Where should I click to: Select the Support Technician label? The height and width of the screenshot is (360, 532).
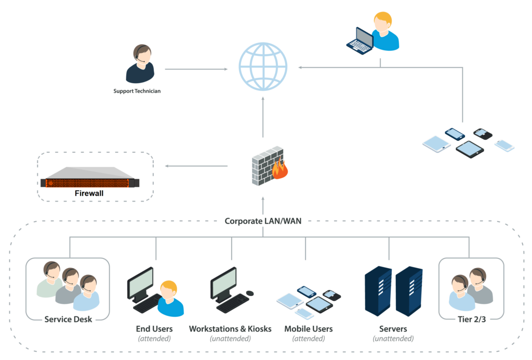coord(137,91)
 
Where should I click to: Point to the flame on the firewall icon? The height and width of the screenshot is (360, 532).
coord(281,170)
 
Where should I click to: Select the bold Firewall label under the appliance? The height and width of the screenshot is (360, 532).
coord(90,193)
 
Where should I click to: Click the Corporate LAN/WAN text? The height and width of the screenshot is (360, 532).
coord(263,221)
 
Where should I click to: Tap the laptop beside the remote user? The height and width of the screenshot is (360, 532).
coord(360,41)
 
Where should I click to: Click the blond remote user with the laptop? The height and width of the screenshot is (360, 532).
coord(384,32)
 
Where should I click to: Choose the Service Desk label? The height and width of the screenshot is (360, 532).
coord(68,319)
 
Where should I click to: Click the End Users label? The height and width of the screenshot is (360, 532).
coord(154,329)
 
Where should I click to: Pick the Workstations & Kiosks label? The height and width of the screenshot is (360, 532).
coord(230,329)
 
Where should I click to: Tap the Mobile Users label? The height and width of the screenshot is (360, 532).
coord(309,329)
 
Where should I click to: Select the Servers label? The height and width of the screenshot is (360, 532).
coord(393,329)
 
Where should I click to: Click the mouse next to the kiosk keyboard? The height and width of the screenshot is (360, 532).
coord(250,293)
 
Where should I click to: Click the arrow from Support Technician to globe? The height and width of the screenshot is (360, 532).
coord(196,69)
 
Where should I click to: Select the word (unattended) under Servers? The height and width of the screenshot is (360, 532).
coord(393,339)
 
